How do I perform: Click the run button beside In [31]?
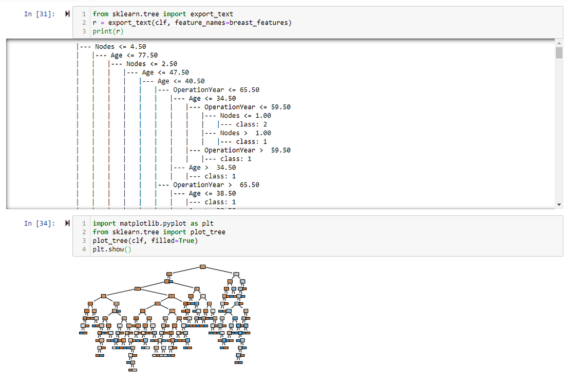[x=67, y=14]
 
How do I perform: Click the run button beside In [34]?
[x=67, y=223]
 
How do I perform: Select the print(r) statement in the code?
[x=108, y=31]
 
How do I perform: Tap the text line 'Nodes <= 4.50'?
[x=120, y=47]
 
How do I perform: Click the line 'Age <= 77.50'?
[x=134, y=56]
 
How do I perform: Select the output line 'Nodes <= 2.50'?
[x=152, y=64]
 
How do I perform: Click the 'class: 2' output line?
[x=251, y=124]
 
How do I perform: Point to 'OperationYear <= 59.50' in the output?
[x=247, y=107]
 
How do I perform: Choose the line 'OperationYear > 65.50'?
[x=216, y=185]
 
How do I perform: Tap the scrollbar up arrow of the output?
[x=559, y=44]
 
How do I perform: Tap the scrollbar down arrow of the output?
[x=559, y=205]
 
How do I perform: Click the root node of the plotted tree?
[x=202, y=266]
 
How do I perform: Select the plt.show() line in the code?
[x=112, y=249]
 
